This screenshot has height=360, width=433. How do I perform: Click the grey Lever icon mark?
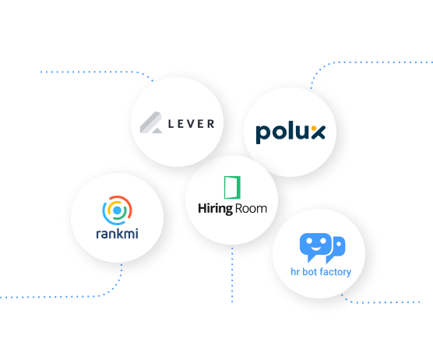point(151,122)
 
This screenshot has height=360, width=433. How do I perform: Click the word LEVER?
point(192,124)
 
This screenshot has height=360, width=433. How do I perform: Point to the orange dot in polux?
point(314,128)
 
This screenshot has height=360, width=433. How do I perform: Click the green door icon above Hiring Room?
point(232,187)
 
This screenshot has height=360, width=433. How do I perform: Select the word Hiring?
point(216,209)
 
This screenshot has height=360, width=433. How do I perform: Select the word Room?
point(251,209)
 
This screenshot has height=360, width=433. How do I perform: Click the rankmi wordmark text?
point(117,234)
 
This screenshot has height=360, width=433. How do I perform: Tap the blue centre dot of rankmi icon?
point(117,210)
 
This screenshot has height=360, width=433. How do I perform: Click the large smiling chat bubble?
point(315,247)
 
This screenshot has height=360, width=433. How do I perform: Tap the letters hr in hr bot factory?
point(295,272)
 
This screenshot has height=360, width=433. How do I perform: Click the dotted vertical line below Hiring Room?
point(232,274)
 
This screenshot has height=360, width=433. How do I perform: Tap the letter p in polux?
point(262,134)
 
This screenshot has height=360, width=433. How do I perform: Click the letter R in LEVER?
point(211,124)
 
